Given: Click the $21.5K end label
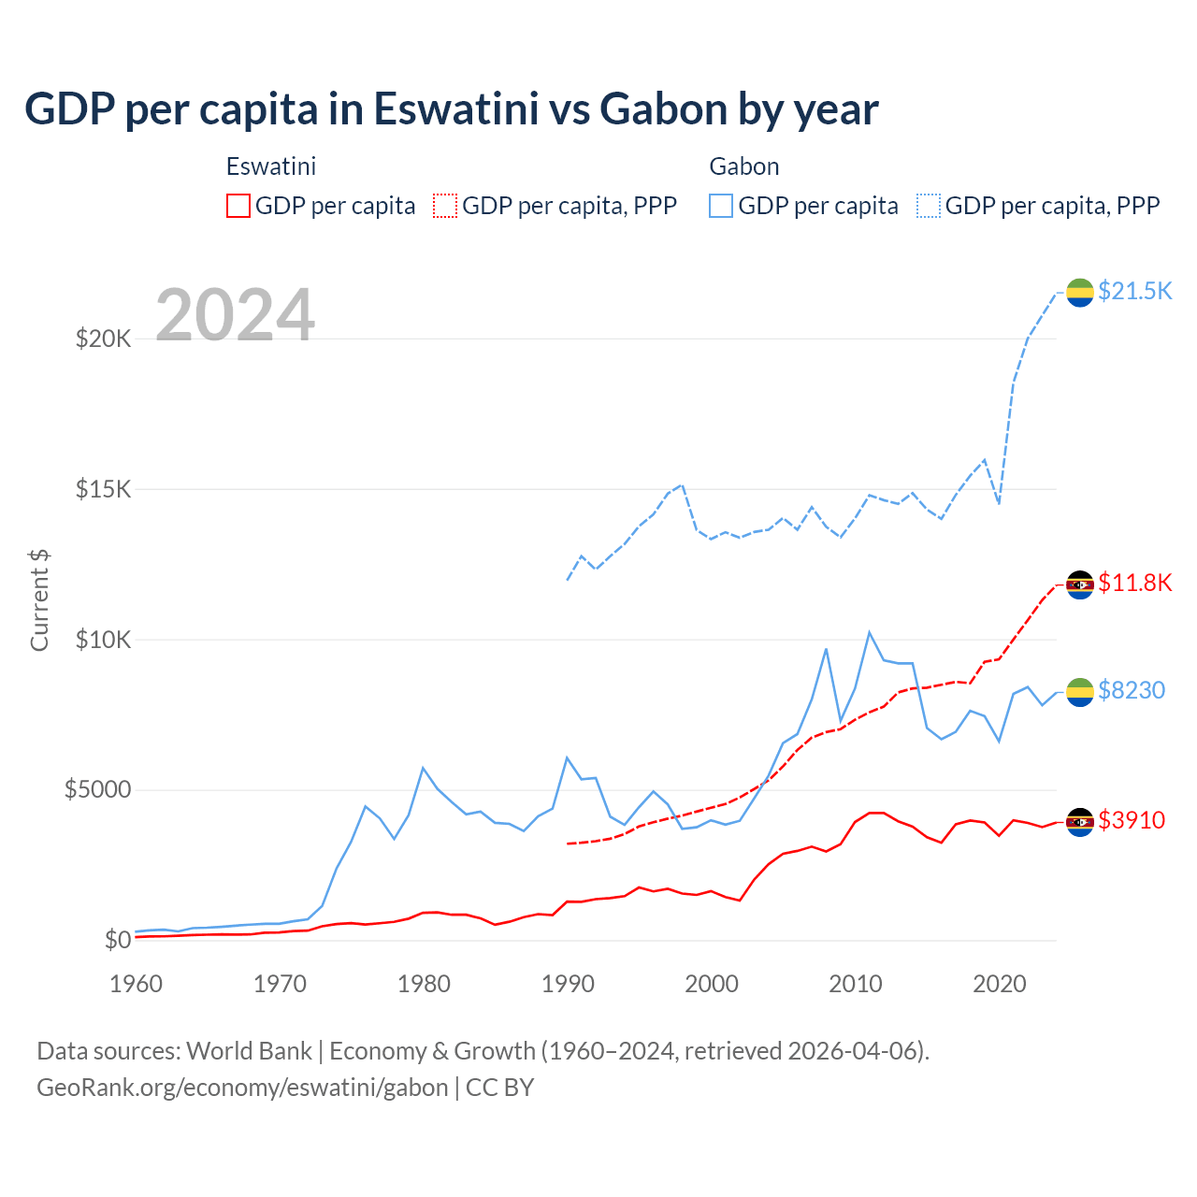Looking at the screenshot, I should [1134, 291].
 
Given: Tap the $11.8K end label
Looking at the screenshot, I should [1134, 583].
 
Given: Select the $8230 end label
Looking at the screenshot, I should [1132, 690].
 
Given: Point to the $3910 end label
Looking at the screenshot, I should [1132, 820].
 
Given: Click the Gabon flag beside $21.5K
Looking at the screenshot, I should [1080, 292].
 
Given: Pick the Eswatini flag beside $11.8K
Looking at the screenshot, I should [1080, 584].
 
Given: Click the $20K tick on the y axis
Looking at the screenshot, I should [104, 339].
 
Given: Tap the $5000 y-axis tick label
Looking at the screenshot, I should [97, 790].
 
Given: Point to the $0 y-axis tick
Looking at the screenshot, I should [118, 940].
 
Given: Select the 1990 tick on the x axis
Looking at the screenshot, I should [568, 984].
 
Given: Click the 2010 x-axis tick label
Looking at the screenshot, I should [856, 984].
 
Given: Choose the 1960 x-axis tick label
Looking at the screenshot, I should [137, 984].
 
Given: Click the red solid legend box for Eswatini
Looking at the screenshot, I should [238, 206].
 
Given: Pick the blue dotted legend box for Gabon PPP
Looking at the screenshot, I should [929, 206].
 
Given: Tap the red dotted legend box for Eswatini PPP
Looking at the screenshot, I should [445, 206].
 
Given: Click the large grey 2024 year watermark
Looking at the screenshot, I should [236, 315].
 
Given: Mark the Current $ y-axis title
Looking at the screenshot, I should [39, 600].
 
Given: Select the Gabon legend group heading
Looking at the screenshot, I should [744, 166].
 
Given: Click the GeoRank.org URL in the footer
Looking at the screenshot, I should [242, 1088].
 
